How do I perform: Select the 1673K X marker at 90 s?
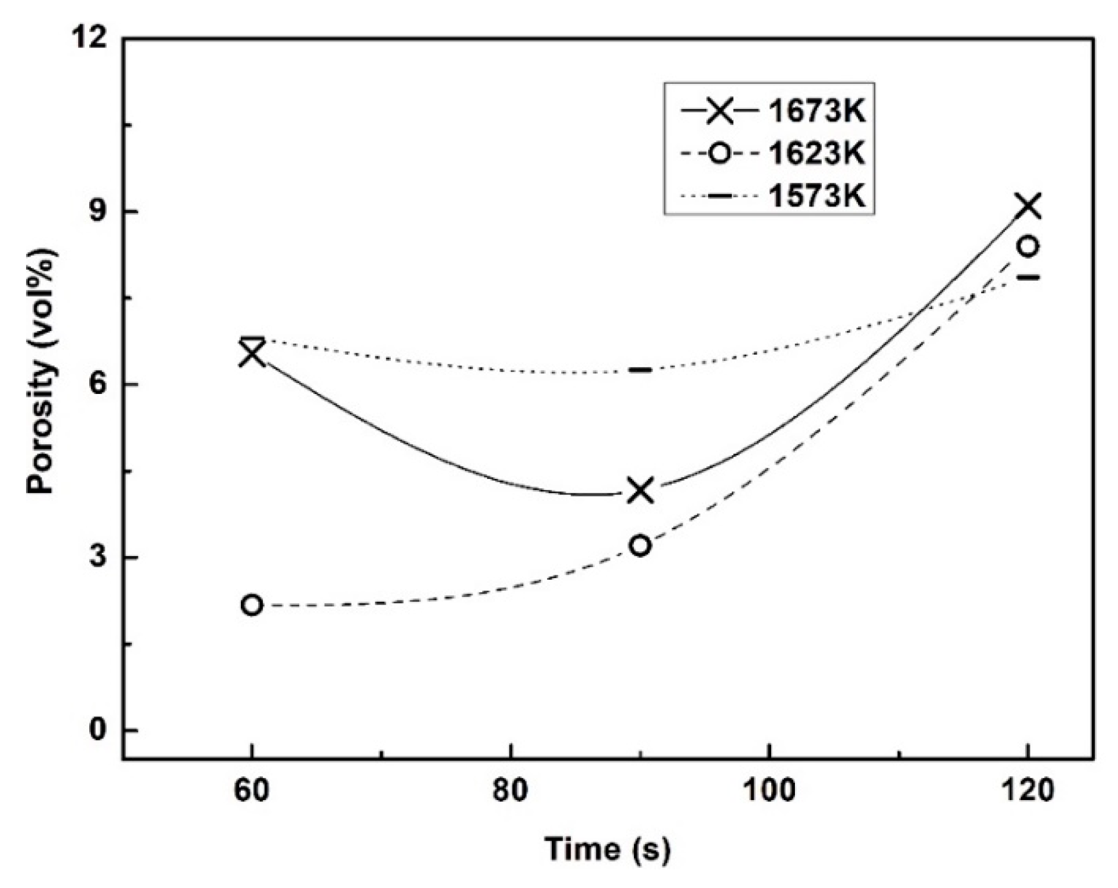pyautogui.click(x=640, y=490)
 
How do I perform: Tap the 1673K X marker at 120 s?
pyautogui.click(x=1029, y=206)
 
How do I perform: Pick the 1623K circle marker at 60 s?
pyautogui.click(x=252, y=605)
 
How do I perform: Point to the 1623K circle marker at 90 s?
pyautogui.click(x=640, y=546)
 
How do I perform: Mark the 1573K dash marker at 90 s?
pyautogui.click(x=640, y=370)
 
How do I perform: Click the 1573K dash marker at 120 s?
pyautogui.click(x=1029, y=277)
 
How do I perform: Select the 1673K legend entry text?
pyautogui.click(x=816, y=111)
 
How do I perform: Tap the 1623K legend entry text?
pyautogui.click(x=816, y=154)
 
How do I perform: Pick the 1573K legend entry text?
pyautogui.click(x=816, y=196)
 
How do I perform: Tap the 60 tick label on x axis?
pyautogui.click(x=252, y=791)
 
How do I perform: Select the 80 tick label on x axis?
pyautogui.click(x=511, y=791)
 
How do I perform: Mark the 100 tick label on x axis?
pyautogui.click(x=769, y=791)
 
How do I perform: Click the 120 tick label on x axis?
pyautogui.click(x=1028, y=791)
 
